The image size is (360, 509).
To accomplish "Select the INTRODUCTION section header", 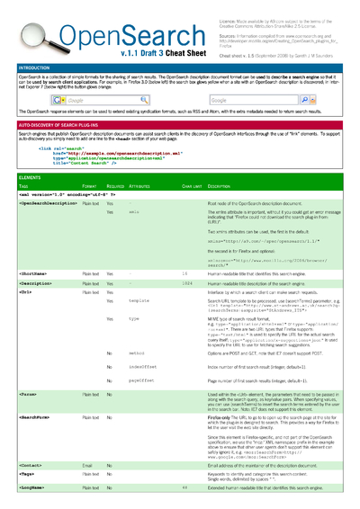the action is point(36,67).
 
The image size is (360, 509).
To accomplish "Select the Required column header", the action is point(116,186).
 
